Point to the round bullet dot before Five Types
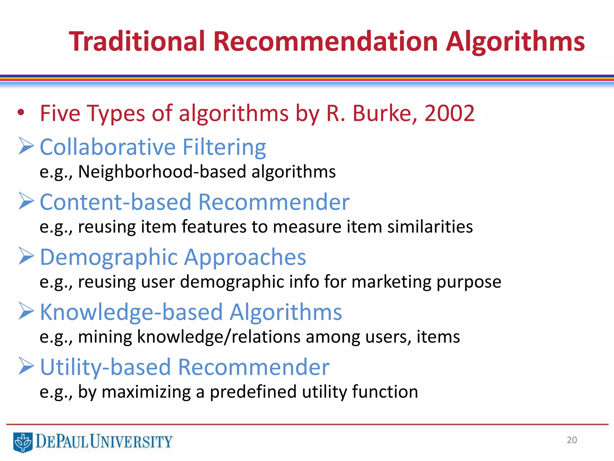point(21,113)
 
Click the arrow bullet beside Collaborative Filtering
point(26,146)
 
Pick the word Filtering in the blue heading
point(224,147)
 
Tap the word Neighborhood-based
point(162,172)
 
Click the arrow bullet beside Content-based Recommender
point(26,201)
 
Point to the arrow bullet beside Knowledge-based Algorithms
point(26,311)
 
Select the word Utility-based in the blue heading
point(105,367)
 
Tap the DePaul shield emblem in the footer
point(23,442)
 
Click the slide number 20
point(572,440)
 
